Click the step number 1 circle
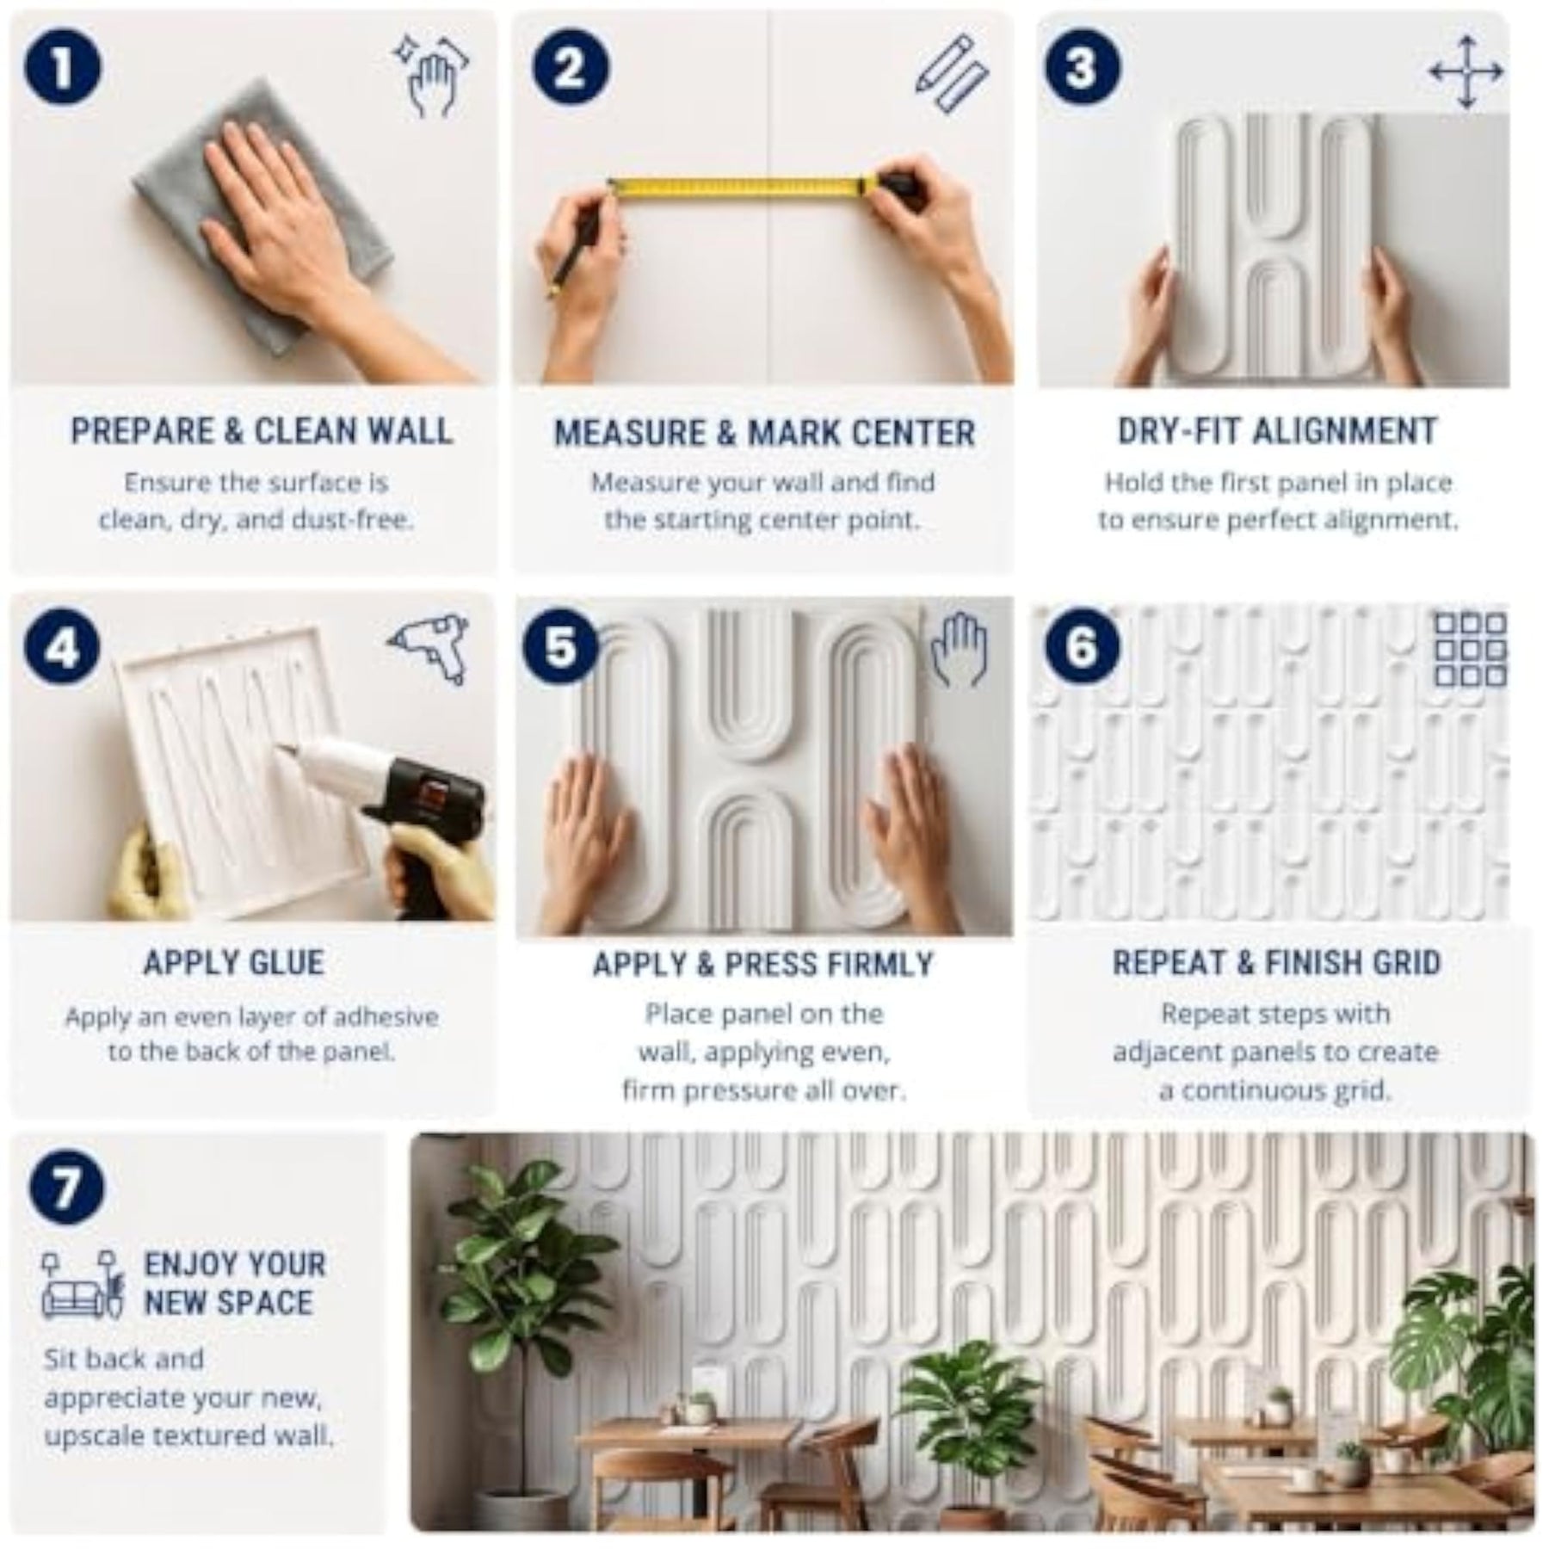[62, 69]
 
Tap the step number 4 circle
[62, 648]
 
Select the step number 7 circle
[66, 1186]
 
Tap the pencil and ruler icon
[950, 76]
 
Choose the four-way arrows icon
[1466, 72]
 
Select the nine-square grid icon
[1470, 650]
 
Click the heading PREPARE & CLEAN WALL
[262, 431]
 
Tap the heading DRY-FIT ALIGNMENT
[1277, 431]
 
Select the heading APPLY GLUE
[234, 962]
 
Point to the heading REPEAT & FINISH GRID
[1277, 962]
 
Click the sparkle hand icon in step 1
[432, 76]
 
